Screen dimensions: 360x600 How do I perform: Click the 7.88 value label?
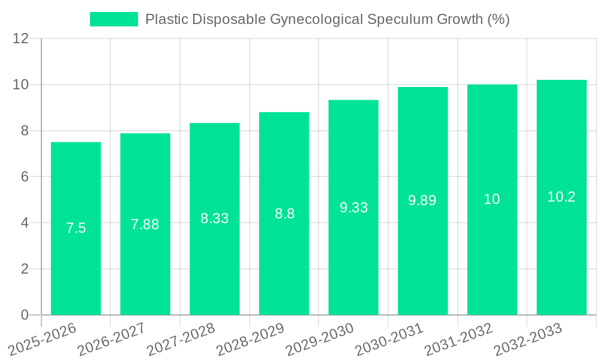145,224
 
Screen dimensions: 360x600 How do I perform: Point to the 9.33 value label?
353,208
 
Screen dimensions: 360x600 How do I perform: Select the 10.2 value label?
561,197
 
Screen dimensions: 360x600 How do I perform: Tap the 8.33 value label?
214,218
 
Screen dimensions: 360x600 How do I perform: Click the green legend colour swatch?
113,19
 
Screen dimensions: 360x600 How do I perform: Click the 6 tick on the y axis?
25,177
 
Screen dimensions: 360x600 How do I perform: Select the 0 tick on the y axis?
25,315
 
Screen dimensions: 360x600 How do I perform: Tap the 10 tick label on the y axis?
21,85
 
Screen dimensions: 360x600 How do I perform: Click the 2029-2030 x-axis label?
320,339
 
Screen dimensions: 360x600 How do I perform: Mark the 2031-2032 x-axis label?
458,339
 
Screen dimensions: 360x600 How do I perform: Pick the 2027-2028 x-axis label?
181,339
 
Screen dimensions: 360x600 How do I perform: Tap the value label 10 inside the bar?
491,199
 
